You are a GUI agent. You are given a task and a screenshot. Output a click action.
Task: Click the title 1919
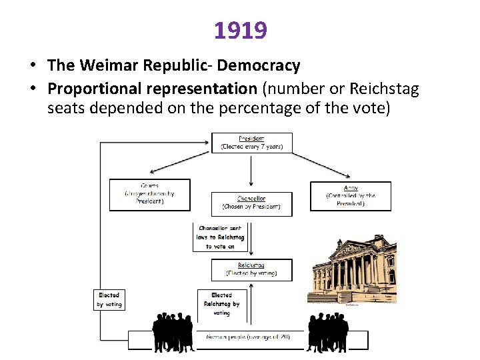coord(240,30)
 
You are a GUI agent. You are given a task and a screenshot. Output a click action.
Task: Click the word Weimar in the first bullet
coord(111,65)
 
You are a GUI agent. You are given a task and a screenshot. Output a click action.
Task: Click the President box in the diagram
coord(251,143)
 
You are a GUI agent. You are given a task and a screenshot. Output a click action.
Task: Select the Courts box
coord(149,194)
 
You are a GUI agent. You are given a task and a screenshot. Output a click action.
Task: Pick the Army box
coord(351,195)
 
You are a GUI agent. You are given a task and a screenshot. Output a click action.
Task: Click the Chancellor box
coord(251,203)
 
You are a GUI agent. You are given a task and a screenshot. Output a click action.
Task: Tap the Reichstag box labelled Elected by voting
coord(251,269)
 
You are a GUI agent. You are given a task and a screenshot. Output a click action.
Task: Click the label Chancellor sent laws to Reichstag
coord(220,237)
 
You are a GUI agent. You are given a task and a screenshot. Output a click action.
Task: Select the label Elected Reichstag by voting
coord(221,303)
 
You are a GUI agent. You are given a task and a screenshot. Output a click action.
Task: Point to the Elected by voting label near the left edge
coord(109,299)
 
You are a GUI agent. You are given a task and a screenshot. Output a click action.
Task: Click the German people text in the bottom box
coord(248,337)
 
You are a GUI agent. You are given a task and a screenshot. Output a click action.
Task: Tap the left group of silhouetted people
coord(173,331)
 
